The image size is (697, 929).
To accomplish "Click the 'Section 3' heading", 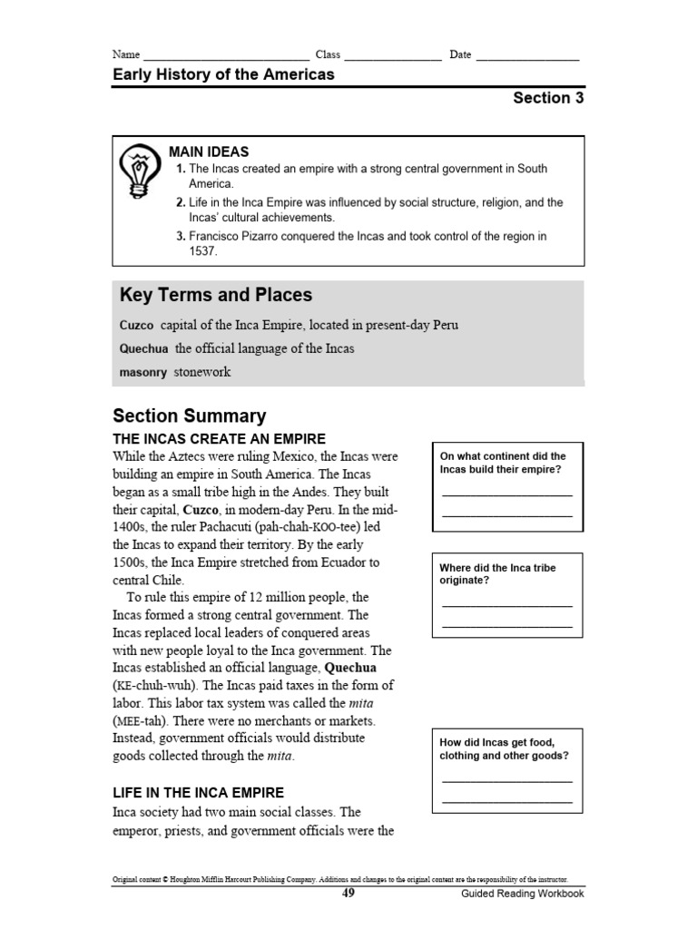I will (x=548, y=99).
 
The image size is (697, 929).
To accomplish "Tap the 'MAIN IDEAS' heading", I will (x=208, y=152).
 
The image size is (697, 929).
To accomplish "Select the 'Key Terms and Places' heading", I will (x=215, y=295).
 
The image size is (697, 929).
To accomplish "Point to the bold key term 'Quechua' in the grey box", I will (x=143, y=348).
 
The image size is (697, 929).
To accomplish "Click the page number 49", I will (x=348, y=894).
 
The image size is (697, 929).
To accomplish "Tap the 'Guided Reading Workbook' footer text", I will (x=523, y=895).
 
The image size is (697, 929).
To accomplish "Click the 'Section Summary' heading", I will (x=189, y=416).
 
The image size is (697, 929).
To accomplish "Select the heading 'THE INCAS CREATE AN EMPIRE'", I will (x=219, y=438).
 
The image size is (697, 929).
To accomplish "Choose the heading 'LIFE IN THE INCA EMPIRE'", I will (x=198, y=792).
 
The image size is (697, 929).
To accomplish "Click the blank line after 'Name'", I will (x=226, y=56).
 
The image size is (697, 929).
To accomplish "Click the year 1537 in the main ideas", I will (x=201, y=251).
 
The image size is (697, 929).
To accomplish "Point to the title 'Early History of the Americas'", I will (x=223, y=74).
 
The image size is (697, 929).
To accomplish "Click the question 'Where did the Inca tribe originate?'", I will (x=498, y=573).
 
